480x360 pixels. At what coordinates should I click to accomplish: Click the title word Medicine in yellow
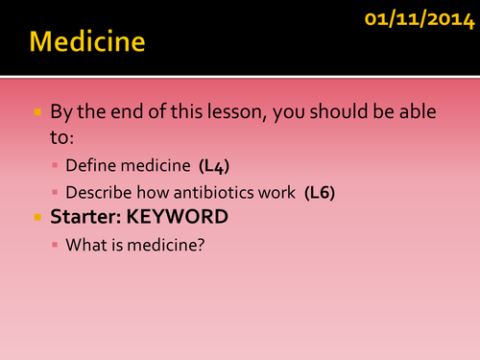pos(87,43)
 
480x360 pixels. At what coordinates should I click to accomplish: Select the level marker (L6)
pos(320,193)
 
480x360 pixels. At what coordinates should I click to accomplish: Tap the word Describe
pos(97,193)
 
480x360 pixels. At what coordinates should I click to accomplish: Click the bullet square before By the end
pos(37,112)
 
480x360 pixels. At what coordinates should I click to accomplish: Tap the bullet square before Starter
pos(37,219)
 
